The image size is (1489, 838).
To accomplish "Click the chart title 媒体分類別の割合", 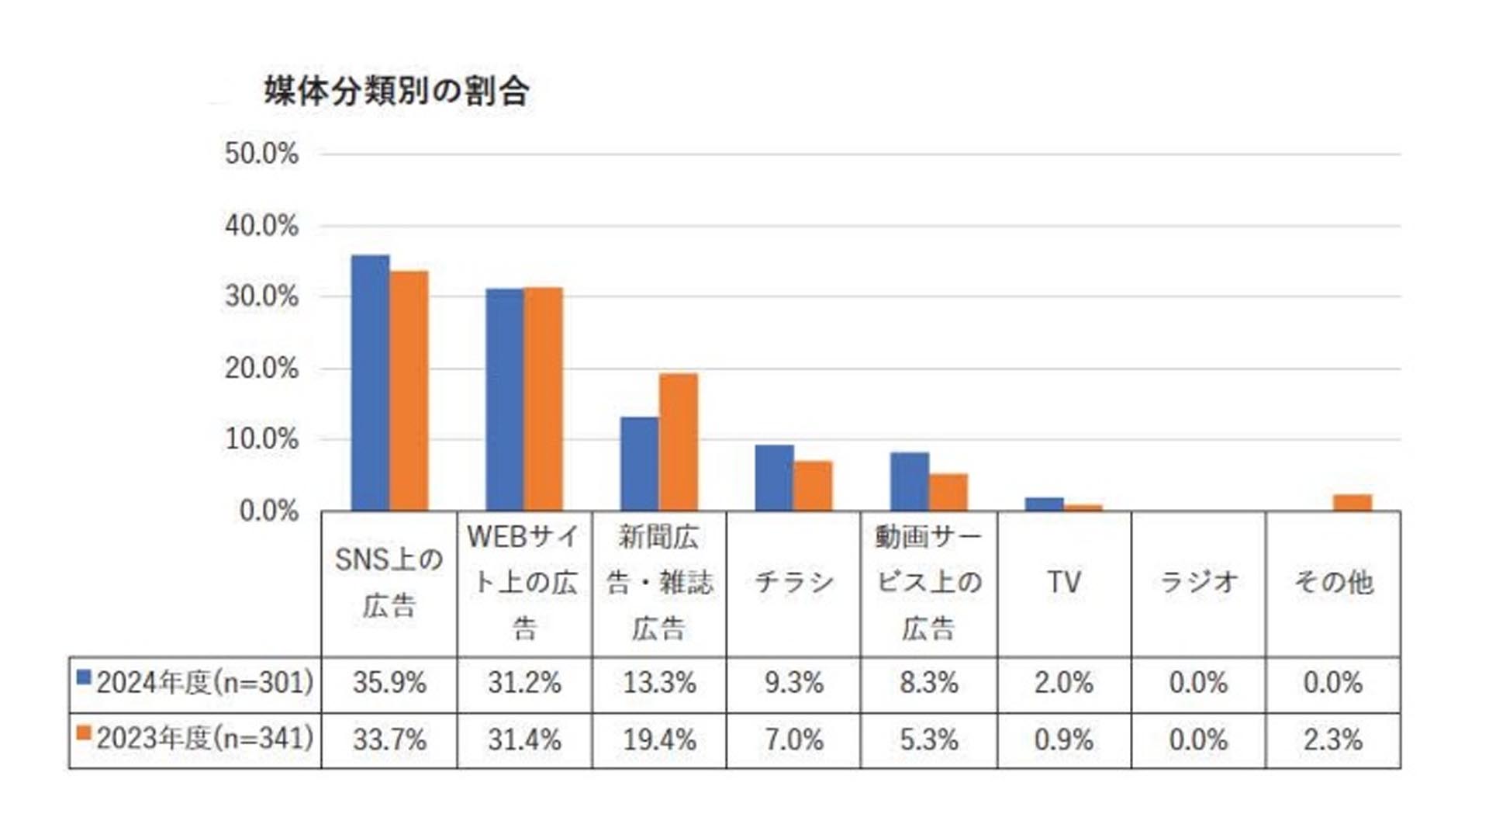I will click(396, 92).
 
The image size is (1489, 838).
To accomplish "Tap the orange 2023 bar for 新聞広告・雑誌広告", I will click(679, 442).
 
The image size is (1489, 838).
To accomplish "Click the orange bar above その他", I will click(1353, 502).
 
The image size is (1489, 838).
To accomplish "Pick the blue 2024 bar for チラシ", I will click(774, 478).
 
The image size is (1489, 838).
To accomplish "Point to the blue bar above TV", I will click(1044, 504).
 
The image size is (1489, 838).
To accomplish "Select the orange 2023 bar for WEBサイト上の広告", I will click(544, 399).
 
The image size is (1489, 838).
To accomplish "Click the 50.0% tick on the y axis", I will click(261, 154).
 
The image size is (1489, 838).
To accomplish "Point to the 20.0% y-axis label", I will click(261, 369).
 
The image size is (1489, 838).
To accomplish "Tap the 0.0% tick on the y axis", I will click(268, 511).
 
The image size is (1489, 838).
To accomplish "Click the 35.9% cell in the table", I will click(389, 683).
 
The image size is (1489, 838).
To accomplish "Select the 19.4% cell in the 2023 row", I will click(659, 739).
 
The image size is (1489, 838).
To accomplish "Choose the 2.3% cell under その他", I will click(1332, 739).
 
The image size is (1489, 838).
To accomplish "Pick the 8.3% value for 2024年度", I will click(928, 683).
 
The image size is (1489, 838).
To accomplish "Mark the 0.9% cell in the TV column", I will click(1063, 739).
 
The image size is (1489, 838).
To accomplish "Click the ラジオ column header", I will click(1197, 582).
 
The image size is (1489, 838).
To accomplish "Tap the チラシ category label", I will click(793, 582).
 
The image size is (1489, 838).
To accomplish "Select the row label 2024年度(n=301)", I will click(205, 683).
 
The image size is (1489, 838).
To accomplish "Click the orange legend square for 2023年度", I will click(84, 733).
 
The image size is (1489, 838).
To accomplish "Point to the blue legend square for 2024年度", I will click(84, 677).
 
